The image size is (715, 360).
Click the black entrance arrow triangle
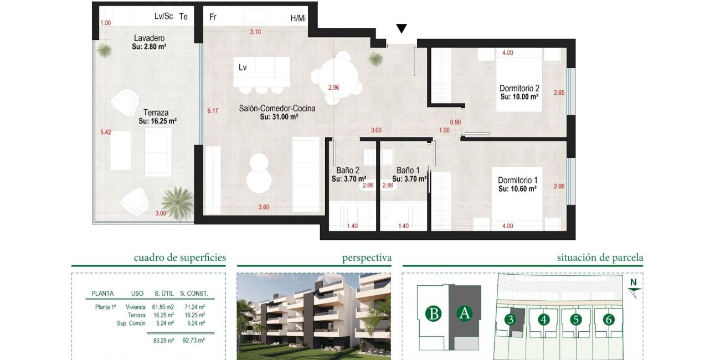pyautogui.click(x=402, y=29)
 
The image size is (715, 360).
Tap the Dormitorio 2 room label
pyautogui.click(x=519, y=88)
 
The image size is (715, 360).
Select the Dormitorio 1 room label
pyautogui.click(x=517, y=181)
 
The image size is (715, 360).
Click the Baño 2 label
pyautogui.click(x=348, y=171)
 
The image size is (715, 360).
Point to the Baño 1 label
pyautogui.click(x=409, y=171)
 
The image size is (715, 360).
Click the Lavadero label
pyautogui.click(x=149, y=38)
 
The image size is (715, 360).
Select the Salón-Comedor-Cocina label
pyautogui.click(x=277, y=109)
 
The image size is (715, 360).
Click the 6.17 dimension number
pyautogui.click(x=213, y=111)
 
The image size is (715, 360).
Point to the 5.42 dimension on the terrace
pyautogui.click(x=105, y=133)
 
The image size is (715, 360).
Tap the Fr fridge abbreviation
pyautogui.click(x=213, y=17)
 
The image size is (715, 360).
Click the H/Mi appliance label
pyautogui.click(x=298, y=18)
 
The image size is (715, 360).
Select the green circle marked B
pyautogui.click(x=435, y=314)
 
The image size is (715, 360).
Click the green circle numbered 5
pyautogui.click(x=576, y=320)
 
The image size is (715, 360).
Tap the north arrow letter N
pyautogui.click(x=633, y=282)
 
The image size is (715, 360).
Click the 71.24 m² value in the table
pyautogui.click(x=194, y=307)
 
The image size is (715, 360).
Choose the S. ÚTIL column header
pyautogui.click(x=165, y=294)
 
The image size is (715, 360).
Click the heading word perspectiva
pyautogui.click(x=367, y=258)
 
